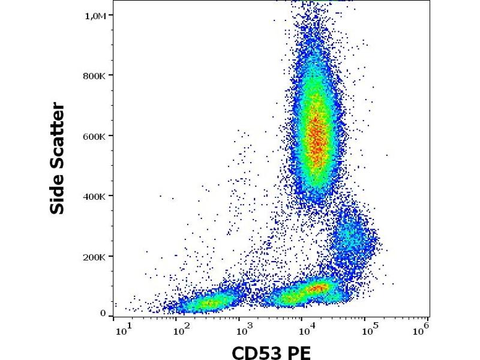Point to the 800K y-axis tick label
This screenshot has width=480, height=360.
click(94, 76)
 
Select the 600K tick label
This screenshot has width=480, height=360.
click(94, 136)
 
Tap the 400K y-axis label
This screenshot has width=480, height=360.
click(94, 196)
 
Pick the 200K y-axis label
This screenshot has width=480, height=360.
click(94, 257)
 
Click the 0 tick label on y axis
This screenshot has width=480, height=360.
click(103, 313)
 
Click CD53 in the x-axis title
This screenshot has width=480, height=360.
click(258, 352)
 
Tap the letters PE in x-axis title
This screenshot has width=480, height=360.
click(299, 352)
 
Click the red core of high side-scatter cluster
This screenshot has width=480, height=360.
click(317, 138)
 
